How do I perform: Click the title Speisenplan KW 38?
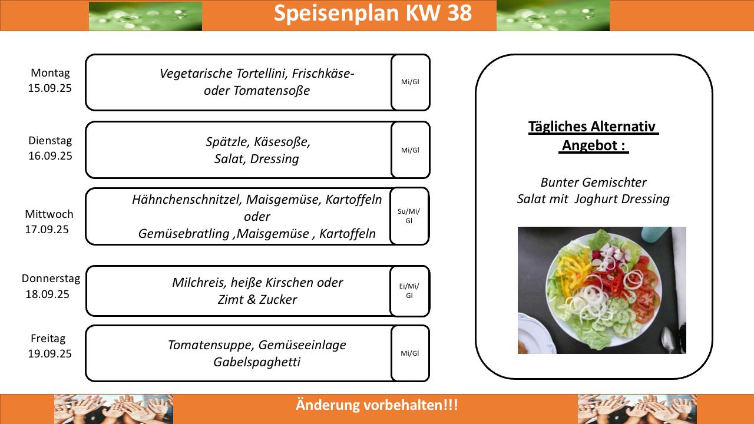click(x=373, y=14)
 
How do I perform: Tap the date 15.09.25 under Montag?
click(x=50, y=88)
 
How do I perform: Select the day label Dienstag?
click(x=50, y=141)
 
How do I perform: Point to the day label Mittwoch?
click(x=49, y=214)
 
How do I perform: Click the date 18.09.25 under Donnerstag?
click(x=48, y=294)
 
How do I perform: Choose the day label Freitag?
click(x=48, y=339)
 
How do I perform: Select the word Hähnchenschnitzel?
click(x=187, y=200)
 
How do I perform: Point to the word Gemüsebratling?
click(x=184, y=234)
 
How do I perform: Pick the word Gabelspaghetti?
click(x=257, y=362)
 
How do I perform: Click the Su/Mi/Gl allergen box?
click(x=409, y=216)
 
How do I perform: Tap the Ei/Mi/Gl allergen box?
click(x=409, y=291)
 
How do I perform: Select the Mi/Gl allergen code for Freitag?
click(x=410, y=353)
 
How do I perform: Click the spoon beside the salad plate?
click(x=669, y=339)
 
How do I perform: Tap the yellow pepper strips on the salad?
click(x=572, y=266)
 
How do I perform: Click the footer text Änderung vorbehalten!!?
click(x=377, y=405)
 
